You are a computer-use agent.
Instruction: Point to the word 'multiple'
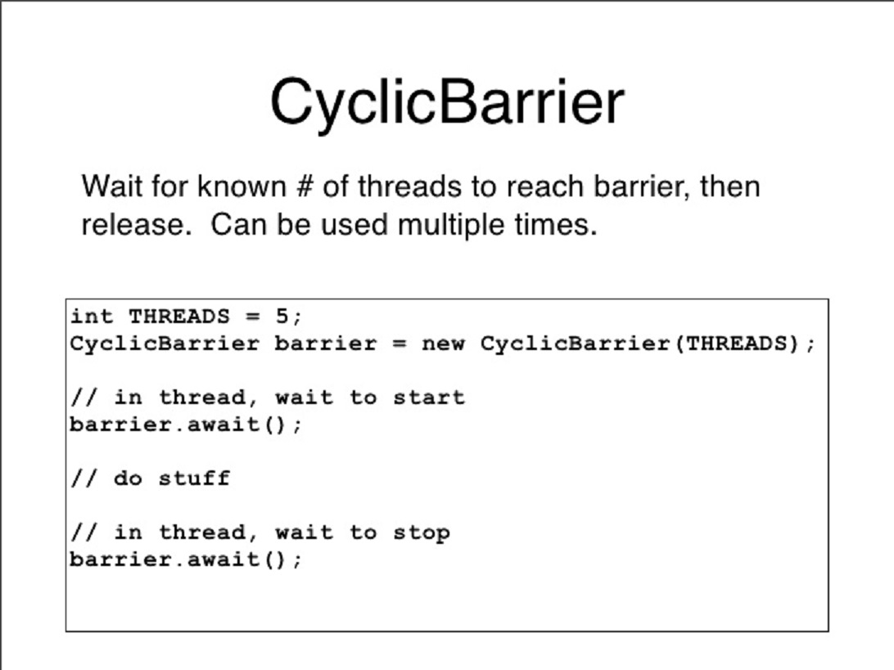(x=450, y=224)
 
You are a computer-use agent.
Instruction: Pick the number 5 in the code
(x=282, y=316)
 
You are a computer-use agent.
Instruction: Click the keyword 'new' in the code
(x=443, y=344)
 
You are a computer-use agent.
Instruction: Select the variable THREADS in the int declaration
(x=179, y=316)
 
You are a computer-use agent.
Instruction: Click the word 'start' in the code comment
(x=429, y=397)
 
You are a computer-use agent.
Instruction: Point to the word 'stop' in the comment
(x=422, y=533)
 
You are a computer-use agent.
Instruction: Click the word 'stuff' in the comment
(x=194, y=478)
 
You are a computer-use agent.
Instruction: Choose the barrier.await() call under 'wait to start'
(x=186, y=425)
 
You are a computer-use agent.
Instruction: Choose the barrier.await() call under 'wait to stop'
(x=186, y=560)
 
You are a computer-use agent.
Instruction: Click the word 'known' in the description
(x=242, y=187)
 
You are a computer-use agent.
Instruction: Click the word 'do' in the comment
(x=128, y=478)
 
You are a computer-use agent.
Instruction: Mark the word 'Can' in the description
(x=238, y=224)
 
